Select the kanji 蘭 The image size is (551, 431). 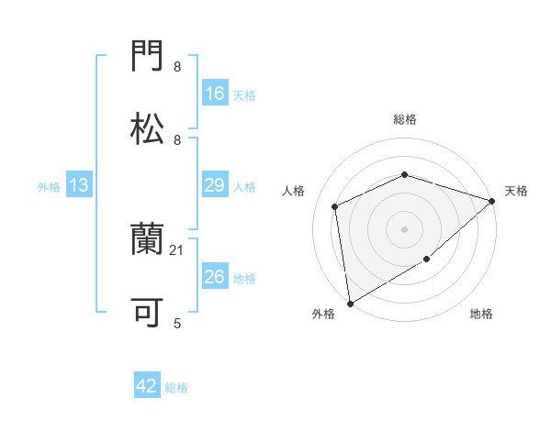click(148, 240)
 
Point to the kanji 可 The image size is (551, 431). click(148, 313)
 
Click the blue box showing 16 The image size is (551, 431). click(215, 94)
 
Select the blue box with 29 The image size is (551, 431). click(215, 185)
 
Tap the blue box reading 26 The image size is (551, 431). click(215, 277)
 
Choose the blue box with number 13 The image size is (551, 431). click(79, 185)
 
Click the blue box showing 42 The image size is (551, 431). click(147, 386)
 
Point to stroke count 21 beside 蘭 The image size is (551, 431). click(177, 249)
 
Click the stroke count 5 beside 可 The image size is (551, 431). click(177, 323)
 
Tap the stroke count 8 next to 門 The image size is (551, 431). click(177, 67)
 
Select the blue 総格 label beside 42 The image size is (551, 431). click(176, 388)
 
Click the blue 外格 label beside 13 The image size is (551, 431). click(49, 187)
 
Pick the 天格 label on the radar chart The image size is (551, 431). click(517, 191)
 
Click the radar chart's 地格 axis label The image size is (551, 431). click(481, 315)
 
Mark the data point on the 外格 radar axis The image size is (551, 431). click(349, 304)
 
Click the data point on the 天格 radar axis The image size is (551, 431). click(492, 201)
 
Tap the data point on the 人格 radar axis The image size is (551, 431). click(335, 206)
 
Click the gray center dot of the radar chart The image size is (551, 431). click(404, 228)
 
